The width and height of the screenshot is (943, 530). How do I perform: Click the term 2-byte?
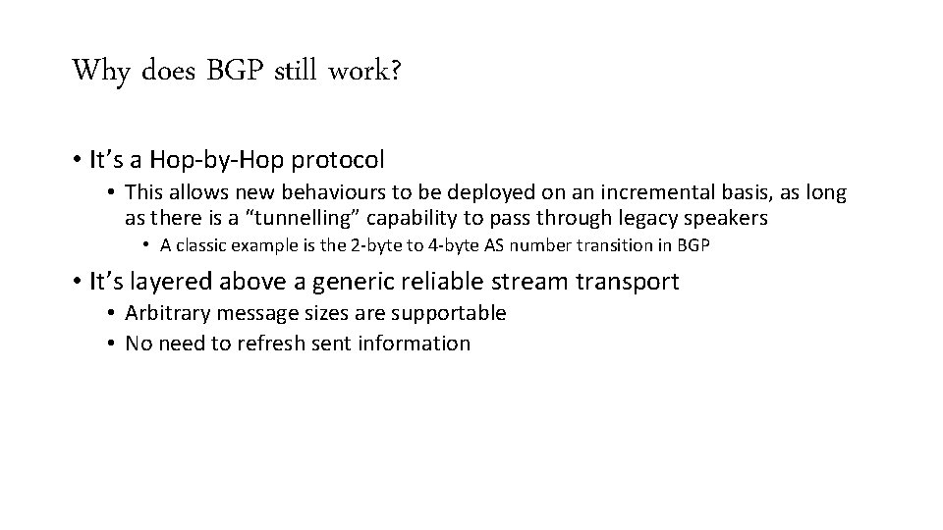pos(373,245)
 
